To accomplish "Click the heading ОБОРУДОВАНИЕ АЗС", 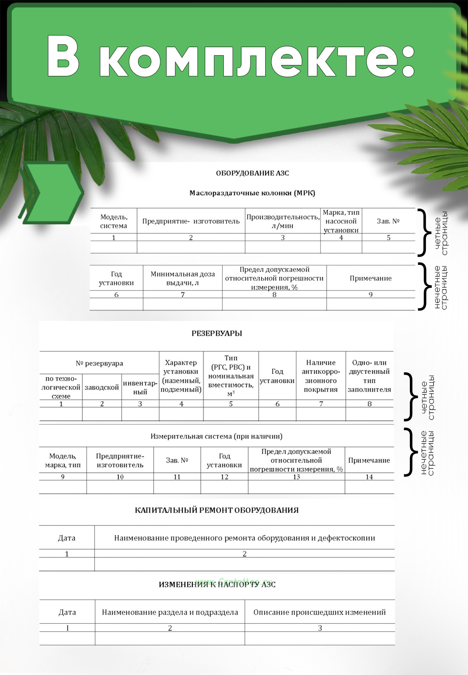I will [252, 173].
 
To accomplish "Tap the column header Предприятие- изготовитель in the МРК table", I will [191, 221].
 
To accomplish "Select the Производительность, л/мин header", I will [283, 221].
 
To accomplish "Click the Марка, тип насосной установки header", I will [341, 221].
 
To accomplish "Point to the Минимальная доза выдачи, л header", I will [183, 278].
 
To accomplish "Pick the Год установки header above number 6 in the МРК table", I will [116, 278].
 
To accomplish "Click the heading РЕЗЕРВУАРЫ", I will [216, 333].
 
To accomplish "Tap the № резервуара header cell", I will [99, 363].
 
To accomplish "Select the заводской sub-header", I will [101, 388].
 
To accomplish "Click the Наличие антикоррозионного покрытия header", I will [321, 376].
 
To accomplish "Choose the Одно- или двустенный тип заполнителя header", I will [369, 376].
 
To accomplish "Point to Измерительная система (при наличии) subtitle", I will [216, 436].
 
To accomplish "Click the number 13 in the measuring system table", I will [296, 477].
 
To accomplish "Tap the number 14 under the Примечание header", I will [369, 477].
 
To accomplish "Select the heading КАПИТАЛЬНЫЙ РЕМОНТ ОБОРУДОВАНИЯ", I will [216, 510].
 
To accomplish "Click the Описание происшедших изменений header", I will [319, 612].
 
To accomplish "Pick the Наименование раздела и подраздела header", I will [170, 612].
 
